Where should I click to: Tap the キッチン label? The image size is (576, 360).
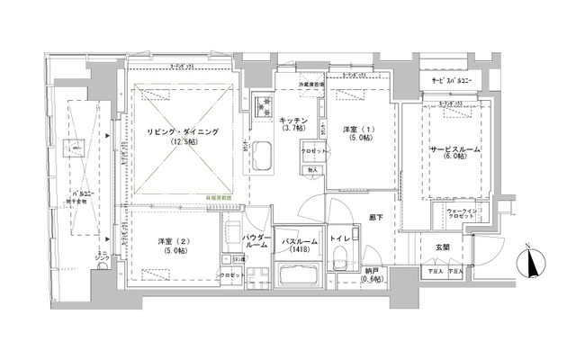(x=293, y=121)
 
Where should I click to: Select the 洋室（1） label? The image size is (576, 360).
(x=357, y=130)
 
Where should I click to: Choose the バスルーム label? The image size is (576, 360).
(x=296, y=241)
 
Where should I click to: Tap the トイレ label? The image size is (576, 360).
(x=340, y=238)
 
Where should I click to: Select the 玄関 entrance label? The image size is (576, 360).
(x=445, y=247)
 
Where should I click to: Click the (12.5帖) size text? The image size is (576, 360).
(x=185, y=143)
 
